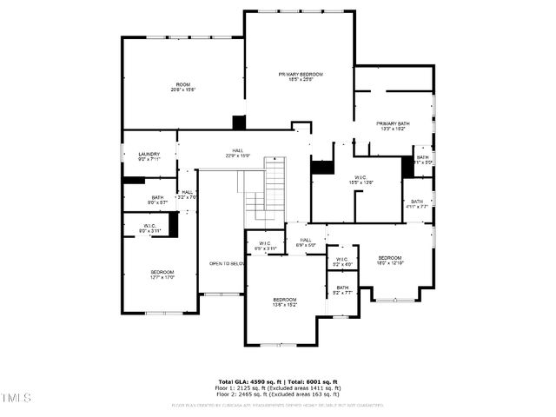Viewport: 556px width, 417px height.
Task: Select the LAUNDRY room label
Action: pos(149,156)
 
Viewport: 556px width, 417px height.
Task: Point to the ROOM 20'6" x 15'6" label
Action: pos(183,87)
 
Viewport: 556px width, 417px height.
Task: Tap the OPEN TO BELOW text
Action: pos(224,263)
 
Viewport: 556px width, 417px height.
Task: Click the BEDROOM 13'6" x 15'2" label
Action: pos(285,301)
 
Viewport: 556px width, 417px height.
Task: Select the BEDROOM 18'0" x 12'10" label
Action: pos(389,261)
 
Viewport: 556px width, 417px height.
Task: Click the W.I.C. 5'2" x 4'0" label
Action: pos(342,261)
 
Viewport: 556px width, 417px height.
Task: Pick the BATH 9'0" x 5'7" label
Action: pos(157,200)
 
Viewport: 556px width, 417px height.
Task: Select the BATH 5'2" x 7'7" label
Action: pos(342,290)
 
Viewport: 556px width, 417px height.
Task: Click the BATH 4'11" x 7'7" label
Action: pos(416,204)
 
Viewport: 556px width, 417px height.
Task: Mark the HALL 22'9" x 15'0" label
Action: pos(237,153)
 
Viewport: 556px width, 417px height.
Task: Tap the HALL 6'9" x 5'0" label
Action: pos(306,242)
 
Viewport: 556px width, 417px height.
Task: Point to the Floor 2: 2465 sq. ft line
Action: pos(278,394)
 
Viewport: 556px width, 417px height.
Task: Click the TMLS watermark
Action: pos(16,398)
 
